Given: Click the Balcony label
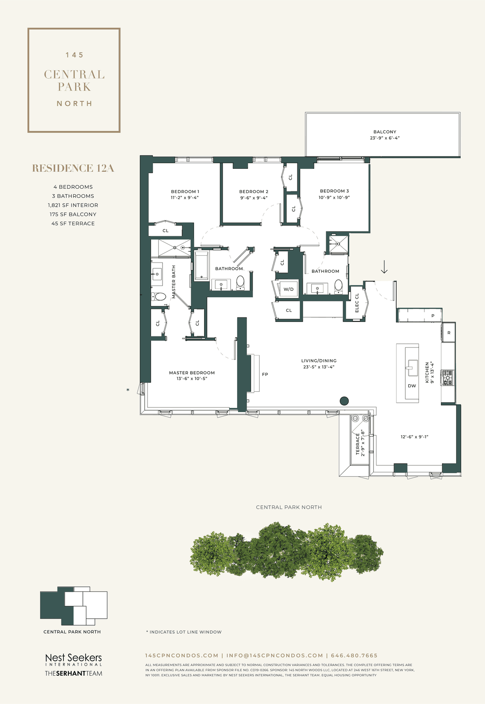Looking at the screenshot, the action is tap(385, 132).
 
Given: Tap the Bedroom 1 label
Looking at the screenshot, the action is tap(185, 191).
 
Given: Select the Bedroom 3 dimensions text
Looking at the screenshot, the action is tap(334, 198).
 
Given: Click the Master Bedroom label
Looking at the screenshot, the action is tap(192, 373).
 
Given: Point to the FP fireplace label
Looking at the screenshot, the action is tap(265, 374).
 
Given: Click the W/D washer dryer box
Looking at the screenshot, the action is tap(289, 289).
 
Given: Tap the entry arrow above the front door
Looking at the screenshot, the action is tap(384, 266).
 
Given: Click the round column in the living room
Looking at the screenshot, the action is tap(344, 401).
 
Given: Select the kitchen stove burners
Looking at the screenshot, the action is tap(448, 378).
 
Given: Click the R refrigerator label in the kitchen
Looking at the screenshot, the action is tap(449, 333).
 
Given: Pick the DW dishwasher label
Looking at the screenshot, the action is tap(412, 386).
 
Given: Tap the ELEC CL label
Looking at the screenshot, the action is tap(357, 303).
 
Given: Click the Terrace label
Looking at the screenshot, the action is tap(358, 445).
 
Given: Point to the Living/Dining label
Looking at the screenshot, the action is tap(319, 361).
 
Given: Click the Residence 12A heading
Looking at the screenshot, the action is tap(73, 168).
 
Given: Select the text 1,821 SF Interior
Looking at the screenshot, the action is tap(73, 205).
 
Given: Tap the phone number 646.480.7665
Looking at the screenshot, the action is tap(354, 656).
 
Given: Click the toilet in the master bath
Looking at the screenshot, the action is tap(158, 297).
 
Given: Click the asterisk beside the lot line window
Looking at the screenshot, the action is tap(128, 390).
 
